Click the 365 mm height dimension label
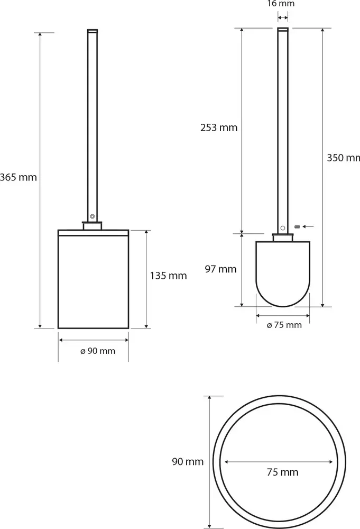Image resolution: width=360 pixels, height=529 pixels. tap(18, 177)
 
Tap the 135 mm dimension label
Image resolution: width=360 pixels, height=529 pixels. tap(168, 276)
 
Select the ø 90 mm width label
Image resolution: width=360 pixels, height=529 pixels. tap(98, 351)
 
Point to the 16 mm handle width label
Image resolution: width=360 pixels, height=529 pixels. tap(281, 4)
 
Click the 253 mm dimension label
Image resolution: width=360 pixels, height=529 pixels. tap(219, 127)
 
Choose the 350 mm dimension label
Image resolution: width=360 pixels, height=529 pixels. tap(343, 158)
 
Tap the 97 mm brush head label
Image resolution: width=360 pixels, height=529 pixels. tap(221, 269)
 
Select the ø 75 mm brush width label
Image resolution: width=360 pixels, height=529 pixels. tap(284, 325)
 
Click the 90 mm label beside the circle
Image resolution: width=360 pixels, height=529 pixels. tap(188, 461)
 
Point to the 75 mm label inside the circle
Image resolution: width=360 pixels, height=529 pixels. tap(282, 472)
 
